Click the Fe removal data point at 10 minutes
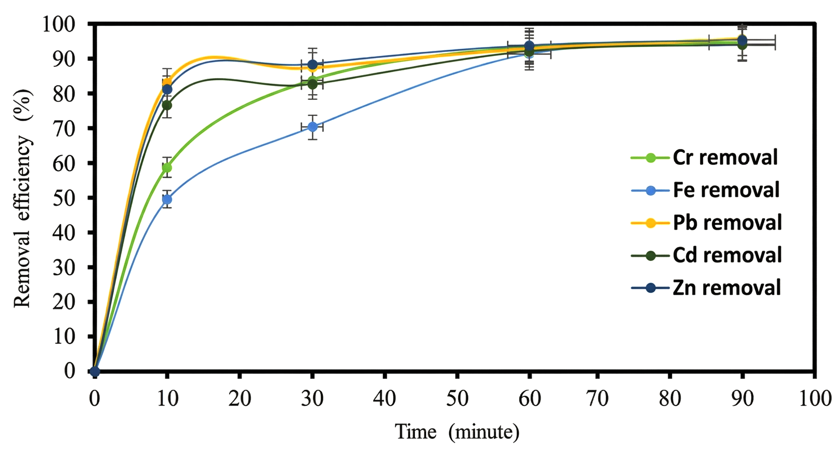[x=167, y=199]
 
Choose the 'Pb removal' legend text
[x=727, y=223]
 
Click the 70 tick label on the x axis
[x=597, y=398]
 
